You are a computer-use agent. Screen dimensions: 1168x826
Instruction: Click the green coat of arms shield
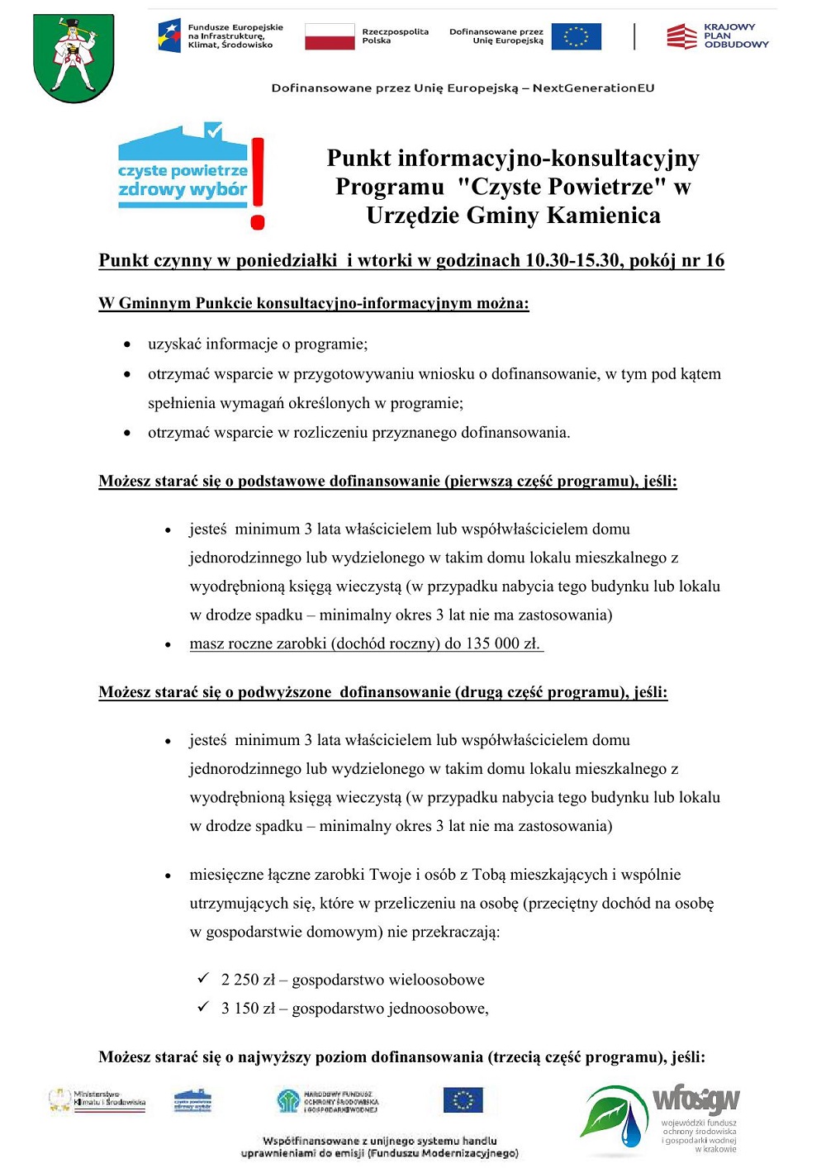coord(74,58)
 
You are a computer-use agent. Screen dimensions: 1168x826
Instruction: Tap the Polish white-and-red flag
coord(330,36)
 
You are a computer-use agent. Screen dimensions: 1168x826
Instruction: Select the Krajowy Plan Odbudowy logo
coord(717,36)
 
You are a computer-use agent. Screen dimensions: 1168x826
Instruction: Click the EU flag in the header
coord(576,36)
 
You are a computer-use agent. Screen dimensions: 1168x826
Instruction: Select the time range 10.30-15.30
coord(572,261)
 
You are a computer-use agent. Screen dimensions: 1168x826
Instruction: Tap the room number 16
coord(714,261)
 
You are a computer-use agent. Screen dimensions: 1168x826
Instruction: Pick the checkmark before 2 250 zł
coord(203,979)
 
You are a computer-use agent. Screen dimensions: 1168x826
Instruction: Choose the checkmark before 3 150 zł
coord(203,1007)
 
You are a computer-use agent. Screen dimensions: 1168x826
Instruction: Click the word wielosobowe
coord(431,980)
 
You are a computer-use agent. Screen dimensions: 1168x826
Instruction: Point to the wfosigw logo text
coord(696,1099)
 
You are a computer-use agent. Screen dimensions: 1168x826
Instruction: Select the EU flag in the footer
coord(463,1100)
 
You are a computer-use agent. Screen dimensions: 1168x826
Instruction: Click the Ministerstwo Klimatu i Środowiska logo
coord(97,1099)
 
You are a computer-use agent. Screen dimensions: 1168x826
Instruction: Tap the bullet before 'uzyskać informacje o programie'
coord(127,344)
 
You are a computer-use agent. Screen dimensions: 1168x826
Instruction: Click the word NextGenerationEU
coord(593,88)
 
